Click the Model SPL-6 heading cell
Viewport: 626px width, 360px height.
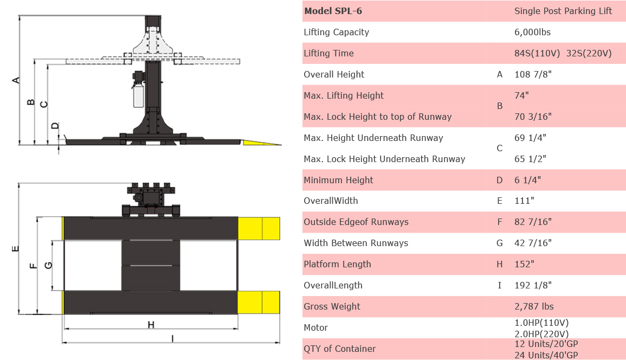click(333, 11)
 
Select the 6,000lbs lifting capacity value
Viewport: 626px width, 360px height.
click(532, 32)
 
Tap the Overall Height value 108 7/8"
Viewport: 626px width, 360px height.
click(533, 74)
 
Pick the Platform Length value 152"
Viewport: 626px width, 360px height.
click(524, 264)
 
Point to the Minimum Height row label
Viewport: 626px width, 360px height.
click(338, 180)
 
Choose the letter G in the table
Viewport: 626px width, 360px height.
click(500, 243)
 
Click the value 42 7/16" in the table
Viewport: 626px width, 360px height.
click(533, 243)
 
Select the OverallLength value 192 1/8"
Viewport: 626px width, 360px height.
click(534, 285)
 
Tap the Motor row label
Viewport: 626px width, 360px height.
click(315, 327)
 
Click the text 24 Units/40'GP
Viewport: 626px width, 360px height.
click(546, 355)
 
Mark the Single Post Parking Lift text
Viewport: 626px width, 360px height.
click(563, 11)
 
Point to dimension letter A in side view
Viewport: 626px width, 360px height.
click(16, 80)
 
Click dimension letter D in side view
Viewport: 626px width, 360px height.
click(55, 126)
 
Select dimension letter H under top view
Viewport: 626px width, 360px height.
click(151, 324)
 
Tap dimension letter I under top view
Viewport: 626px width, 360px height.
click(172, 338)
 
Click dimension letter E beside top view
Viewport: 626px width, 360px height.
click(16, 249)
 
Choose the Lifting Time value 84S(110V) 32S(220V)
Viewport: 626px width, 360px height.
click(563, 53)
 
